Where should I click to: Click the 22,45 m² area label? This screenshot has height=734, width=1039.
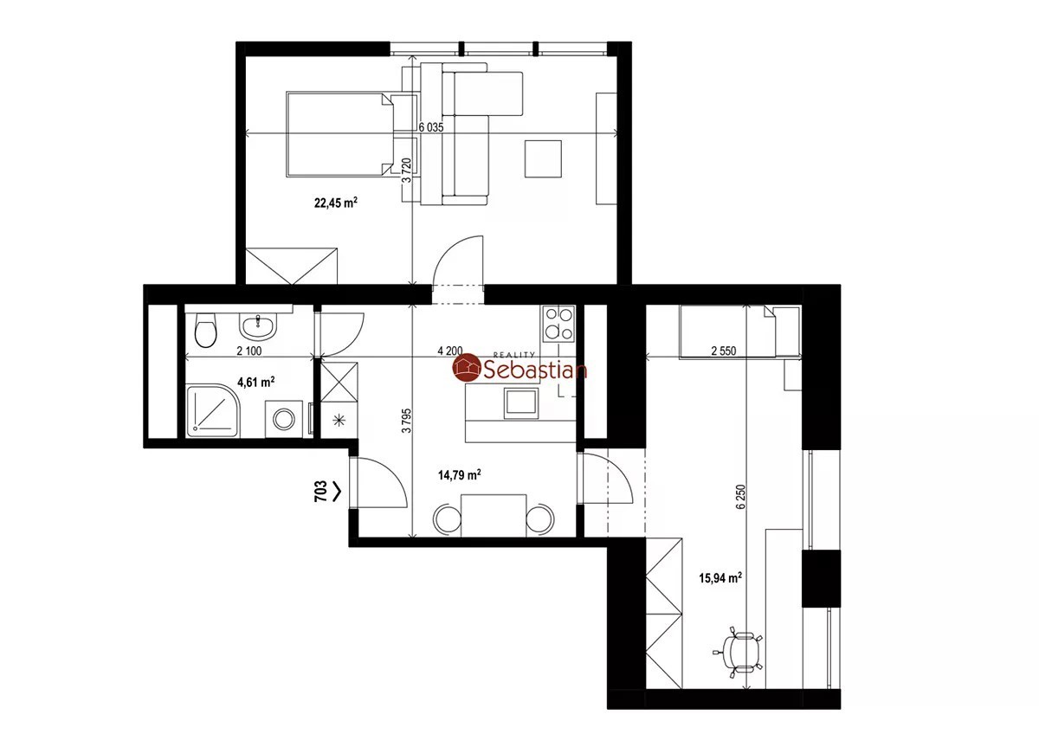(336, 203)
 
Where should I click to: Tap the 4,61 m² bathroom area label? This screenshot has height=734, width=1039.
(255, 382)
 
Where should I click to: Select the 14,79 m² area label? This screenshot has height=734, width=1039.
(459, 475)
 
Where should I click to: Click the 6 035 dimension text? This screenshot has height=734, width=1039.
(431, 127)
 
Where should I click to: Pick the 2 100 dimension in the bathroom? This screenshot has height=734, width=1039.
(249, 351)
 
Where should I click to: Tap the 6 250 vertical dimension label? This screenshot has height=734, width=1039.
(741, 497)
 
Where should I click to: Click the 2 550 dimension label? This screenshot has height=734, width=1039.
(724, 351)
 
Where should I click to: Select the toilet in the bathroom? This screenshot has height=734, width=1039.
(206, 330)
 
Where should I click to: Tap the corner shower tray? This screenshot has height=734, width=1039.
(213, 410)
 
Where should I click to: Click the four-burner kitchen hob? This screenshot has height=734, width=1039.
(558, 323)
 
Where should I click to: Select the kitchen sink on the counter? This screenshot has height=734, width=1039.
(521, 403)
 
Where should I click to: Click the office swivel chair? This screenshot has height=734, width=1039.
(739, 653)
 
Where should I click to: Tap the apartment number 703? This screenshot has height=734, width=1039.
(320, 492)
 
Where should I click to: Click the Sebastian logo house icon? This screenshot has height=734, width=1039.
(466, 368)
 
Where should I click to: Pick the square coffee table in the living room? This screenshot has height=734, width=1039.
(543, 159)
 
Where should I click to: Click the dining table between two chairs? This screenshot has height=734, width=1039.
(494, 516)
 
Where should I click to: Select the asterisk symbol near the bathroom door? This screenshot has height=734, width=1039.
(339, 421)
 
